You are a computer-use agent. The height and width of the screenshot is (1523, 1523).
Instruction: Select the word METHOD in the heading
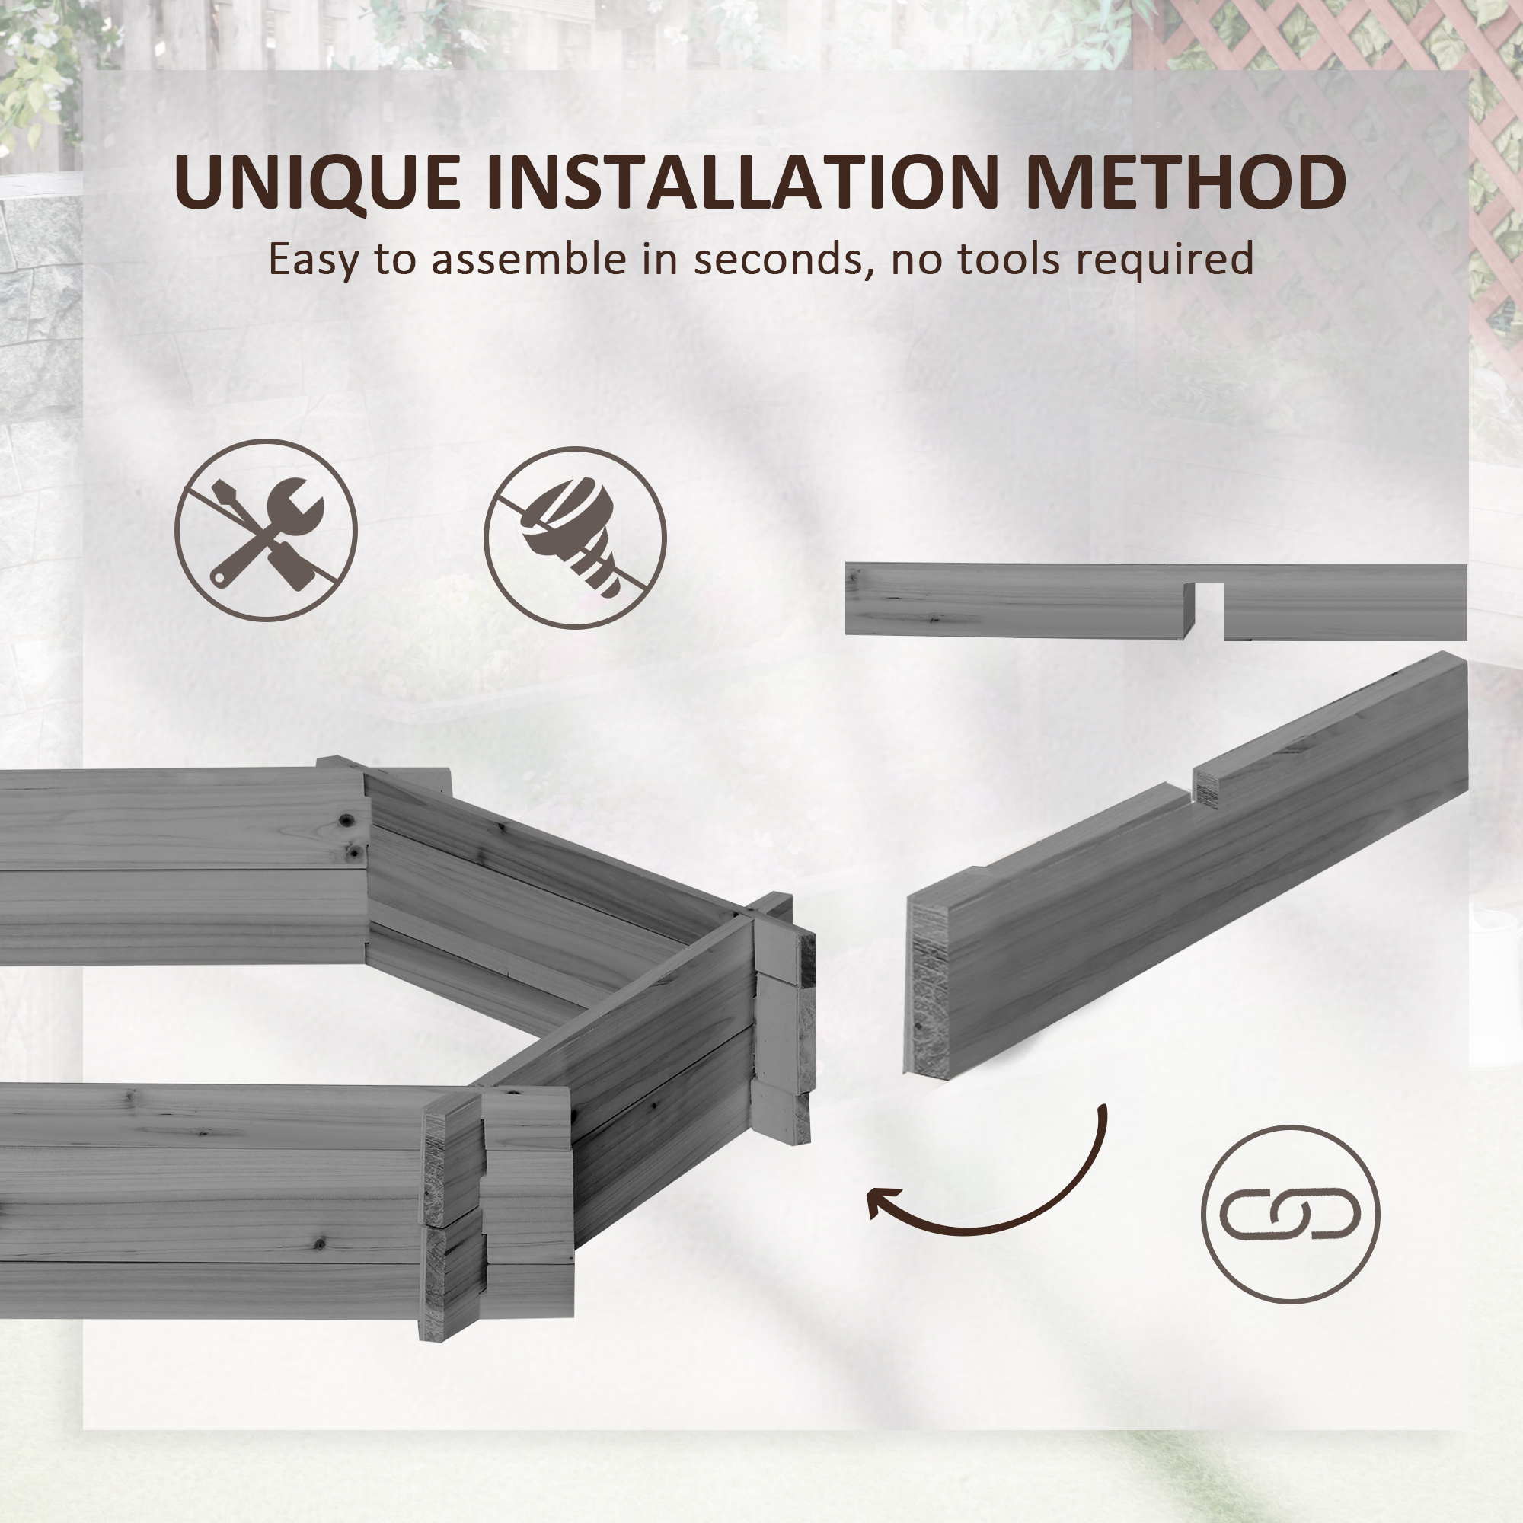click(1186, 182)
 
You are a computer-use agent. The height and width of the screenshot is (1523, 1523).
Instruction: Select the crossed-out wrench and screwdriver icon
click(266, 531)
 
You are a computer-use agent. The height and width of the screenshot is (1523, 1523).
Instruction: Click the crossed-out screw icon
click(575, 538)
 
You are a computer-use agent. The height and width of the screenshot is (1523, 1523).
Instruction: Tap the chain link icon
click(1290, 1214)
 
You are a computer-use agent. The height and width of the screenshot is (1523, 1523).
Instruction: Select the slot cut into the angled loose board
click(1191, 790)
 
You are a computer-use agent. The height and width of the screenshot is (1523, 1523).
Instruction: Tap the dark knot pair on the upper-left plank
click(350, 835)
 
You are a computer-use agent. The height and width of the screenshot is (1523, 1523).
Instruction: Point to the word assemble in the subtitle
click(532, 259)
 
